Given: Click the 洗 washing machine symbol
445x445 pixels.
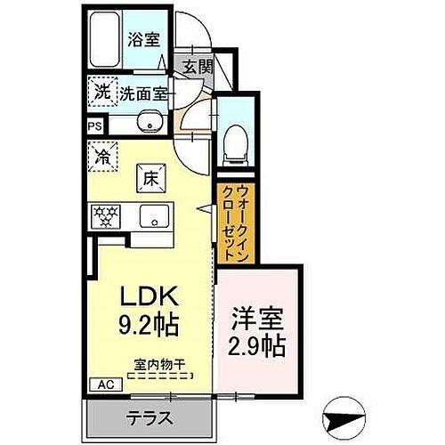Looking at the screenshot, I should point(101,90).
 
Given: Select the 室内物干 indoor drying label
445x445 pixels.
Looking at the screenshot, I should point(160,364).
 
